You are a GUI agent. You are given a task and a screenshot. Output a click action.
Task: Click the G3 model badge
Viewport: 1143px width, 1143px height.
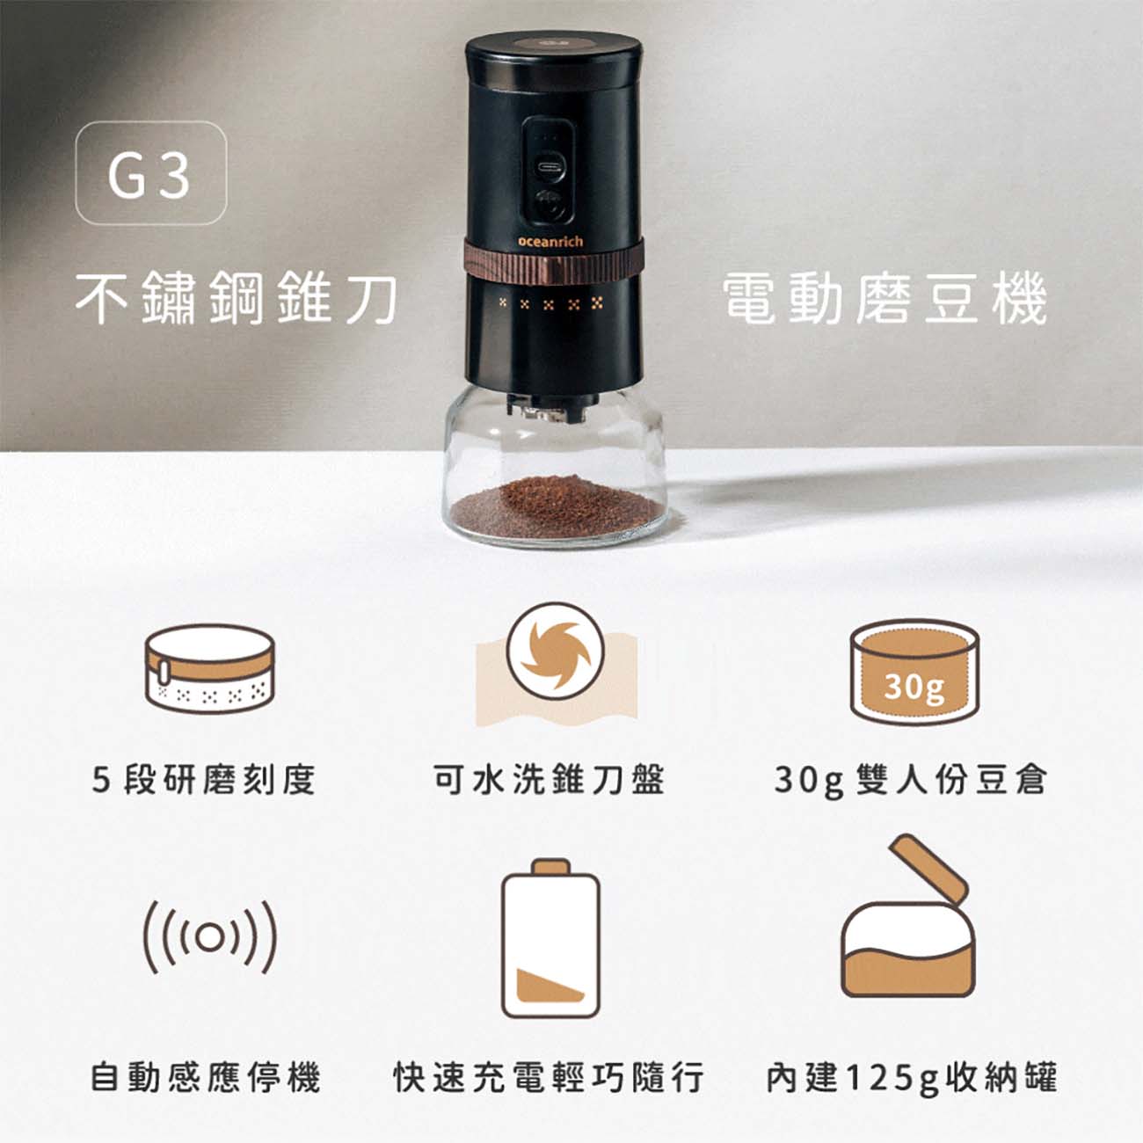(151, 172)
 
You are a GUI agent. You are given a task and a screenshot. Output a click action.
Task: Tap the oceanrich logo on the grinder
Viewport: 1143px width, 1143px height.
(550, 242)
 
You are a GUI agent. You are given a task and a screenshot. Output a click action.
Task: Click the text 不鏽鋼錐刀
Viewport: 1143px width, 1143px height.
(237, 298)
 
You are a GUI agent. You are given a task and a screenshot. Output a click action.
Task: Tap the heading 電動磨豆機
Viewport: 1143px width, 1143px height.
(885, 298)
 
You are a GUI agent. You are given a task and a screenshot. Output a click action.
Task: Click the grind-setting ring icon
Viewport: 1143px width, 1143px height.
(210, 668)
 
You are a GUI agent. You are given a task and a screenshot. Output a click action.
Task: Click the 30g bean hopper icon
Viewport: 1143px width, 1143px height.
(914, 671)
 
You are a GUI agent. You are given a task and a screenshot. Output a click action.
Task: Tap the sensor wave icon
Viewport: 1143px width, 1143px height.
(210, 937)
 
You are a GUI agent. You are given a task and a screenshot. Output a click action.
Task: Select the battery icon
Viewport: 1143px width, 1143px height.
(550, 938)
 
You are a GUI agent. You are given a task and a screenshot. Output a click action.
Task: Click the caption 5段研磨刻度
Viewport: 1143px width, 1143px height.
(203, 779)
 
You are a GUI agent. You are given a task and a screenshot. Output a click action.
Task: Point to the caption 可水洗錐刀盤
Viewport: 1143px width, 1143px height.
(550, 779)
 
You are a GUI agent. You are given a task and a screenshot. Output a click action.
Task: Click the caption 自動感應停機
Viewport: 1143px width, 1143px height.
(206, 1077)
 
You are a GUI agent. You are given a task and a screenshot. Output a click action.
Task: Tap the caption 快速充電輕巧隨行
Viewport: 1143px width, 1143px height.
(550, 1077)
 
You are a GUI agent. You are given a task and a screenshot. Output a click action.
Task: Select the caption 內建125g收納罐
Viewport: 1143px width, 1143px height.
(912, 1077)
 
